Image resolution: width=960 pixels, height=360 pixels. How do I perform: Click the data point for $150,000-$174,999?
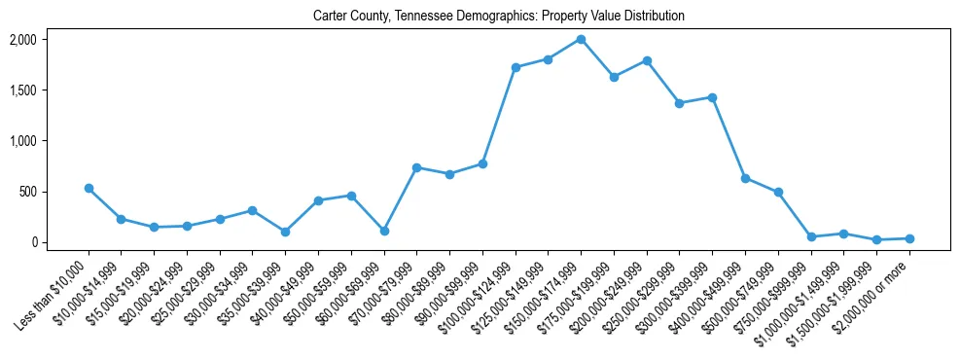(x=581, y=39)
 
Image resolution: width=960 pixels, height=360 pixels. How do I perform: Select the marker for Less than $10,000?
(x=89, y=188)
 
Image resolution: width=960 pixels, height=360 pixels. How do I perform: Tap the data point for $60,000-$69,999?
(x=384, y=231)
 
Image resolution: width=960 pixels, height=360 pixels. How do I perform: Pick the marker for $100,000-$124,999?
(x=516, y=67)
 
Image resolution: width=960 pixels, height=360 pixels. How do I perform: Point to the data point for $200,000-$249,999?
(x=647, y=60)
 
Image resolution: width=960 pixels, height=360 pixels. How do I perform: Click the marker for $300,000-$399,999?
(x=712, y=97)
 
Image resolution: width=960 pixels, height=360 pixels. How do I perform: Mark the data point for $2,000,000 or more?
(x=909, y=238)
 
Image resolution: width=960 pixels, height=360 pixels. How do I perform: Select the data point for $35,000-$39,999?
(x=285, y=232)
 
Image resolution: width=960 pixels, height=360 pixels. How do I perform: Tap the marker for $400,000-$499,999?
(x=745, y=178)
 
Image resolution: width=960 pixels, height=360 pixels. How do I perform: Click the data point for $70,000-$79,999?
(x=416, y=167)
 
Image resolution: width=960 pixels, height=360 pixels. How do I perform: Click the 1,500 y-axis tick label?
(x=22, y=90)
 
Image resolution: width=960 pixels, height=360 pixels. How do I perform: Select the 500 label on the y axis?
(x=27, y=192)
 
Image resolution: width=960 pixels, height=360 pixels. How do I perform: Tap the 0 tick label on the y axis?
(x=33, y=242)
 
